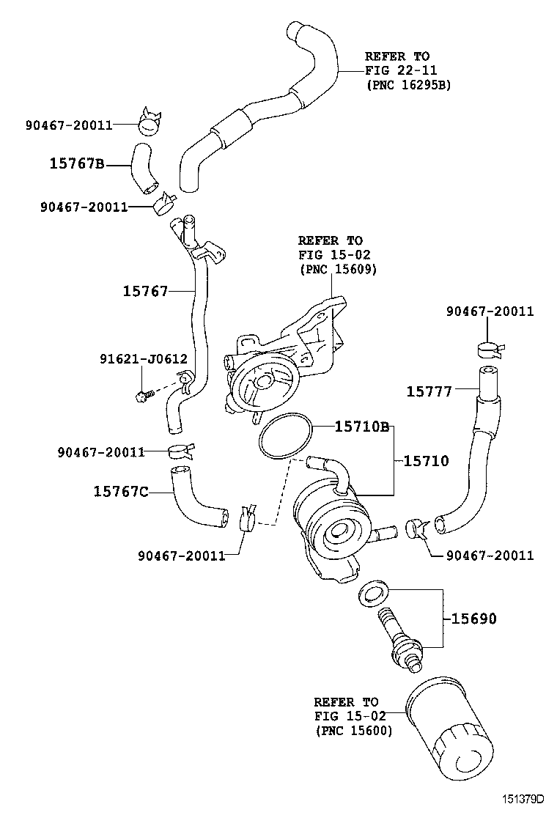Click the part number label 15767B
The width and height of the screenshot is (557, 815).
(77, 164)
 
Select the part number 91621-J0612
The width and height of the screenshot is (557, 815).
(144, 359)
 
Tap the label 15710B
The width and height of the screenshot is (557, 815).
(361, 427)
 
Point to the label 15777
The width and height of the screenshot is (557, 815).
(429, 392)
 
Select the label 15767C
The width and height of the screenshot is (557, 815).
(121, 492)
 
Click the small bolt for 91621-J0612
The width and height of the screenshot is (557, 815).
(143, 395)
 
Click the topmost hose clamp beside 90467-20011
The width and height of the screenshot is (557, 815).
(151, 121)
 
